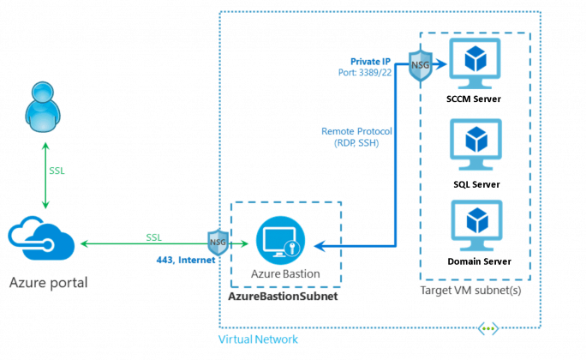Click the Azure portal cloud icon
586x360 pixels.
coord(45,243)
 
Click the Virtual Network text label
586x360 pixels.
coord(259,339)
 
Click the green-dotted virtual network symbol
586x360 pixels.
coord(488,328)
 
